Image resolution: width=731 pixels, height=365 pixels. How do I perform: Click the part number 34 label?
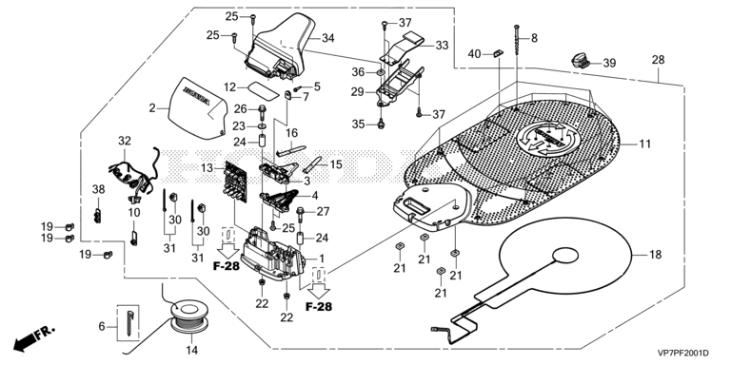pos(328,38)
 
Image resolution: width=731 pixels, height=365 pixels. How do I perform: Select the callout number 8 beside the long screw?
pos(534,38)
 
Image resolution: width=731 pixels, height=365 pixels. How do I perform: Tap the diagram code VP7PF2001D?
pos(686,353)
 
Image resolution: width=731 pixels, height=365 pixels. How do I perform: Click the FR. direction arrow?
pos(33,338)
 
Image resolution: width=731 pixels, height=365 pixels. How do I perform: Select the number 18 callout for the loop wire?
pos(656,255)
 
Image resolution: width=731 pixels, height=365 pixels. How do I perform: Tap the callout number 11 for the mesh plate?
pos(644,144)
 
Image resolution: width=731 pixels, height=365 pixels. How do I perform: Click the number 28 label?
pos(659,60)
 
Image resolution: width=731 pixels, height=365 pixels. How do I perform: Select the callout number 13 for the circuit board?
pos(207,167)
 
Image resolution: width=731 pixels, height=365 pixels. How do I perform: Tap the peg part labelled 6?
pos(129,321)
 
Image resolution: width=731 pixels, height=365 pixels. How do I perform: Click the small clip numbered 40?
pos(498,54)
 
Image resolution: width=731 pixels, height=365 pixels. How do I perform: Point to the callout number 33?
pos(442,46)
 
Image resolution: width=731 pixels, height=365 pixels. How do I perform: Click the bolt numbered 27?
pos(301,215)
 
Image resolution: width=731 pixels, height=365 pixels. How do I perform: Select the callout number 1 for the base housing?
pos(322,258)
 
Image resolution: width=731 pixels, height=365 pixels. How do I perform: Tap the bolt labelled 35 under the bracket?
pos(381,124)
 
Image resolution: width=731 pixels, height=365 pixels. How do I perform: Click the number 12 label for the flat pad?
pos(230,87)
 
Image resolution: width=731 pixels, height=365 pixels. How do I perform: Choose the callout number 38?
pos(98,189)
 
